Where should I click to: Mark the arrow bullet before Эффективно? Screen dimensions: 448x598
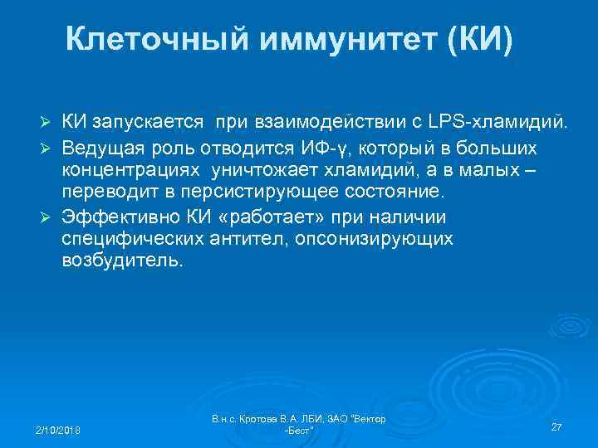click(47, 217)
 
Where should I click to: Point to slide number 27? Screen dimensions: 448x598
click(556, 426)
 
